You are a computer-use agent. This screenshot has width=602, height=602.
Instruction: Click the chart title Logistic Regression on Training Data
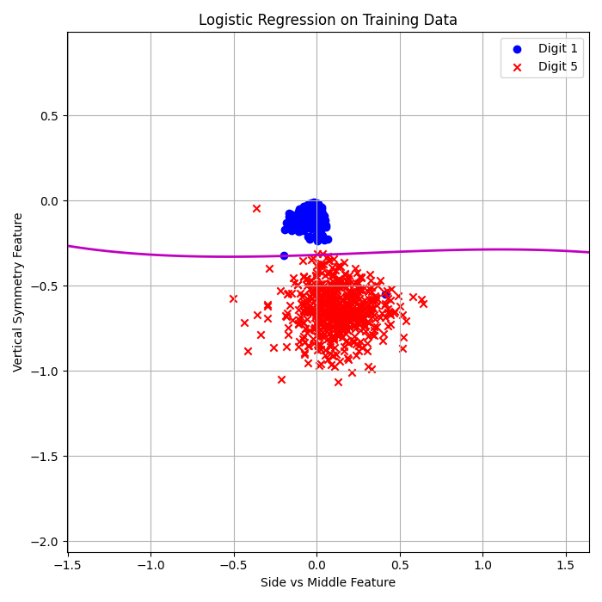coord(328,20)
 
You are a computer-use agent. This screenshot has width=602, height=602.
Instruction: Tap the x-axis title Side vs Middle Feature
coord(328,583)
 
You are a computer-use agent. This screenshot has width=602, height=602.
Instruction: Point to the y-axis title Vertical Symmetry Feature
coord(18,292)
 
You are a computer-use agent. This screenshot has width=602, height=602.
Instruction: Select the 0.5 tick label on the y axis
coord(48,116)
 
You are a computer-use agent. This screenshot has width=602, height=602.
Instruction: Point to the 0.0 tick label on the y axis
coord(48,201)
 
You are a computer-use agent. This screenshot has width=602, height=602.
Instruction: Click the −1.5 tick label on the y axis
coord(45,457)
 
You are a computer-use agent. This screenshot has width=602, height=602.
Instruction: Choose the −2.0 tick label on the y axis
coord(45,542)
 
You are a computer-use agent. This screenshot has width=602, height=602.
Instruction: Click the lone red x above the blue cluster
coord(256,208)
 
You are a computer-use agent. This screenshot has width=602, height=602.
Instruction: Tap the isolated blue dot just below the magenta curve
coord(284,255)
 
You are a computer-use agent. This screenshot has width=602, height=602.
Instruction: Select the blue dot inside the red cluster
coord(386,295)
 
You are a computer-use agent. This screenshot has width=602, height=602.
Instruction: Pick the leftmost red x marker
coord(233,298)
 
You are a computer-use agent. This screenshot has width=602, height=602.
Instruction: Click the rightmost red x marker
coord(423,303)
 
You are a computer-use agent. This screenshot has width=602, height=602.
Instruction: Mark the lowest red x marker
coord(338,382)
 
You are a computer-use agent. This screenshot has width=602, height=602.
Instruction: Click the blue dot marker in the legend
coord(517,49)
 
